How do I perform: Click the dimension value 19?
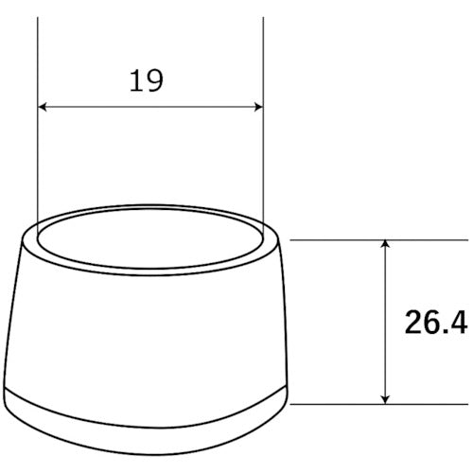(x=147, y=81)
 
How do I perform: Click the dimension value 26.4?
(x=436, y=323)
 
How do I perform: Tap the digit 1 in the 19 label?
(x=136, y=81)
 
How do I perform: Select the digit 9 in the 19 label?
(x=155, y=81)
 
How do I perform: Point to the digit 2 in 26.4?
(x=413, y=322)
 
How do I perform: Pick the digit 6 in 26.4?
(x=431, y=323)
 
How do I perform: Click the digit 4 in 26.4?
(x=458, y=322)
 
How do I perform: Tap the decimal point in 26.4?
(x=444, y=331)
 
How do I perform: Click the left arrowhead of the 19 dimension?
(x=43, y=107)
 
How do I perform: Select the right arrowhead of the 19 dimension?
(x=258, y=107)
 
